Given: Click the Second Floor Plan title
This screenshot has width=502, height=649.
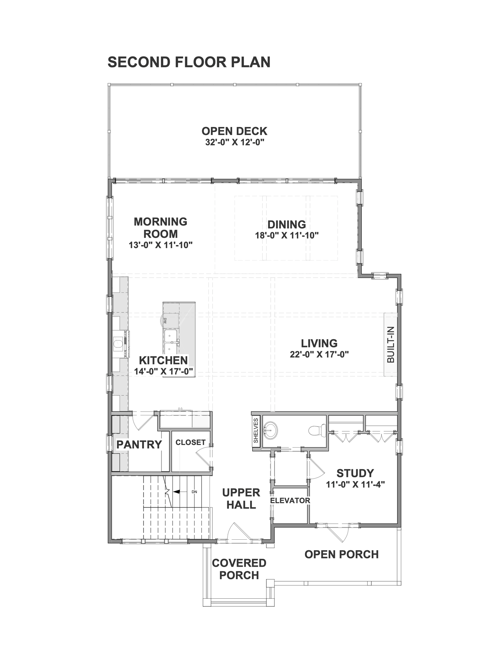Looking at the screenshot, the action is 189,62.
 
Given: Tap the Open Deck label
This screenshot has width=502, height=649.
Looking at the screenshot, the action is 234,131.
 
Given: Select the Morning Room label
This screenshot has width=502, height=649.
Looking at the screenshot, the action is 161,228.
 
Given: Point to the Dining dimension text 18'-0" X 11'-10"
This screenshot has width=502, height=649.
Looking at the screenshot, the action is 287,235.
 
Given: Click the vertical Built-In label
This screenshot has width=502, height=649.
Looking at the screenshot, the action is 391,345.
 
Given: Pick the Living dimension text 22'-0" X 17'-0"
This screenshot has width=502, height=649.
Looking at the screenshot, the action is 319,354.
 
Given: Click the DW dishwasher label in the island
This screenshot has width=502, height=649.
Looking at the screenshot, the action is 165,320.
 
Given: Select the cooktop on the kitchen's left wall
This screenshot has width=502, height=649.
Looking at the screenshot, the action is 121,344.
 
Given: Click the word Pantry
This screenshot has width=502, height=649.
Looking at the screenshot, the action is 139,444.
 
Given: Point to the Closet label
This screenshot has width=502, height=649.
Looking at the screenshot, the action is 190,442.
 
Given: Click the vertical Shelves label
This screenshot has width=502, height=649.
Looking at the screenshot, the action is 256,430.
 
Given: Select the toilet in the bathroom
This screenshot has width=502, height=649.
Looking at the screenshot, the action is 317,431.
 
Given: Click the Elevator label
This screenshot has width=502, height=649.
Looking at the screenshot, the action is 290,500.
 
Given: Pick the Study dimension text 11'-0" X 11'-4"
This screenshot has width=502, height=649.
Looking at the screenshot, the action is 355,484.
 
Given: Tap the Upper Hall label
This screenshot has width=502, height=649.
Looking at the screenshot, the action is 241,499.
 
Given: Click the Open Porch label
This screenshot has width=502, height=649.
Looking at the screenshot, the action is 341,555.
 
